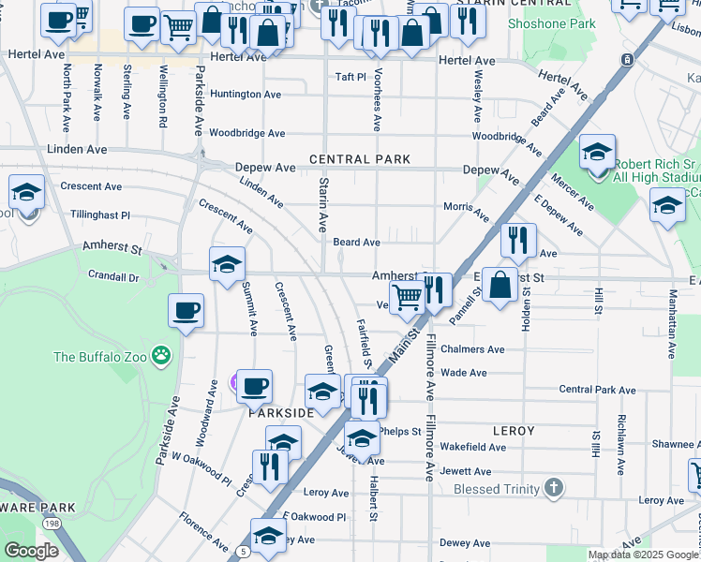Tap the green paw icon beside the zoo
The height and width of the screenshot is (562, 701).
click(x=162, y=356)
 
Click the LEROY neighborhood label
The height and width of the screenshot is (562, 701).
click(x=514, y=431)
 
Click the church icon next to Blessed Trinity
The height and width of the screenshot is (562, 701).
click(x=554, y=488)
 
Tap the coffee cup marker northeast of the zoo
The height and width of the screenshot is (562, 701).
click(x=186, y=309)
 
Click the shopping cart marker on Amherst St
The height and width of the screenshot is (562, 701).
click(x=406, y=297)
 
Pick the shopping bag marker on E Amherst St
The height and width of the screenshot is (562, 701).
click(x=500, y=284)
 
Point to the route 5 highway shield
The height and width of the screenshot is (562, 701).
click(x=243, y=553)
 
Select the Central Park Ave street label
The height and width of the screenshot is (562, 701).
click(x=597, y=389)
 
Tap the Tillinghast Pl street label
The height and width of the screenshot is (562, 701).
click(x=99, y=214)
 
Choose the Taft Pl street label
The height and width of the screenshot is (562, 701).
click(x=350, y=77)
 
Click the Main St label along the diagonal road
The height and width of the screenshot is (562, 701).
click(x=403, y=346)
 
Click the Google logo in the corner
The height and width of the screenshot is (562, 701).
click(x=31, y=552)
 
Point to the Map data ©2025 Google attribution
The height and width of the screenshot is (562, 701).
click(x=643, y=555)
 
